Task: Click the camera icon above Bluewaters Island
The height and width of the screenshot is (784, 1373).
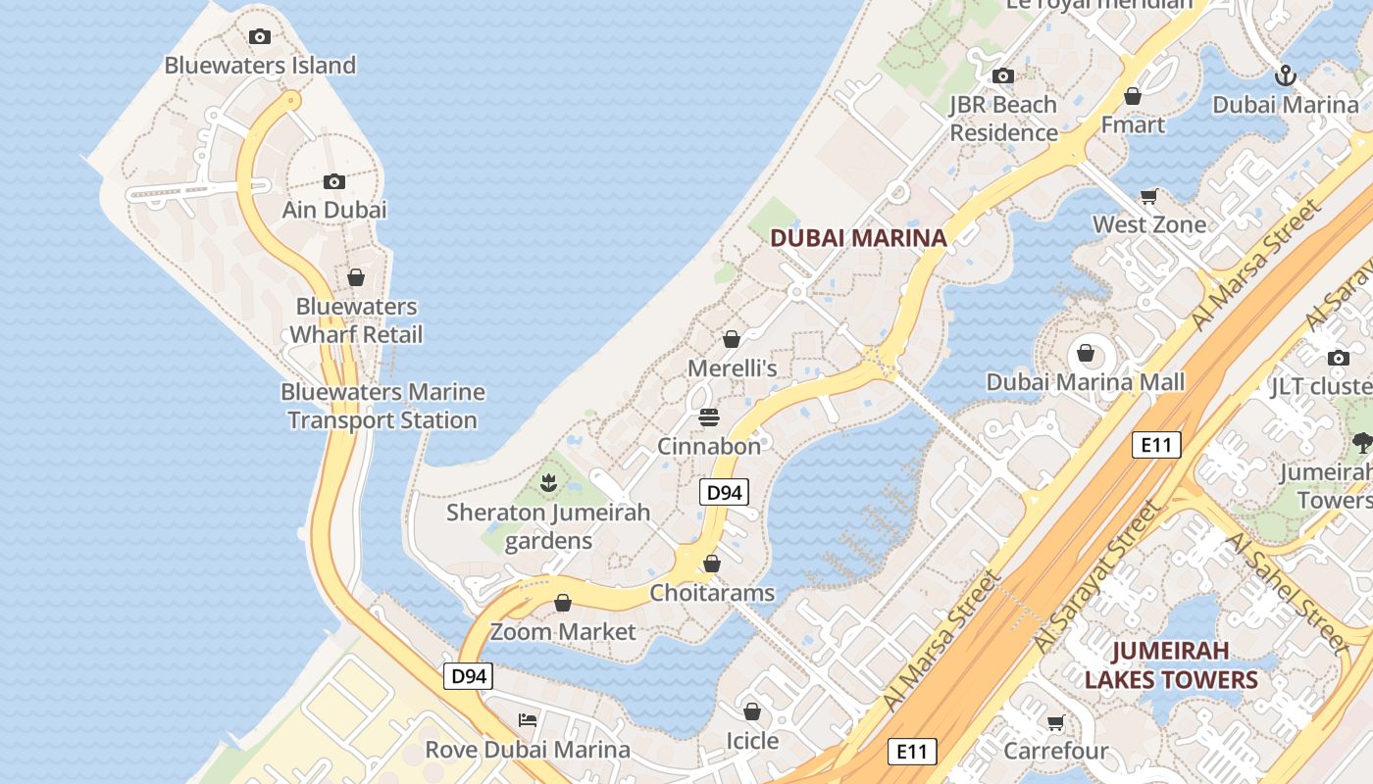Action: point(260,37)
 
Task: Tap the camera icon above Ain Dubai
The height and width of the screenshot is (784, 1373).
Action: point(334,181)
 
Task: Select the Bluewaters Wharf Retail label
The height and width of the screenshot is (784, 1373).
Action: point(357,320)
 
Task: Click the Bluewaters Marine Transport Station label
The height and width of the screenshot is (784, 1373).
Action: point(382,406)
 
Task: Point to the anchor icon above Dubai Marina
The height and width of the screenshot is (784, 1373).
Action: point(1285,75)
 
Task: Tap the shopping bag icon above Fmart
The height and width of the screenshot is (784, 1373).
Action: point(1133,96)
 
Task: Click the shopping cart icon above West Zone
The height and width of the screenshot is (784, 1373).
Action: point(1149,196)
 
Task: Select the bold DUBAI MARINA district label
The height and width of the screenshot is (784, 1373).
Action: point(858,237)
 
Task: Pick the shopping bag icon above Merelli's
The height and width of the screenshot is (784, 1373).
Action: point(732,339)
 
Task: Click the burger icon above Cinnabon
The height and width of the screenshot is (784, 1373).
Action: point(709,418)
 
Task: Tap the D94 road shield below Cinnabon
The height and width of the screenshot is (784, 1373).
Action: point(724,493)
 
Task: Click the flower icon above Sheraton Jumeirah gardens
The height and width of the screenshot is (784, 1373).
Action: point(548,483)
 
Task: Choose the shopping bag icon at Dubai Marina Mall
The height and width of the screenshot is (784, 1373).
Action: point(1086,353)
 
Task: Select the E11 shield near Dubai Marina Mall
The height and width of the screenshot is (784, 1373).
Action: point(1156,445)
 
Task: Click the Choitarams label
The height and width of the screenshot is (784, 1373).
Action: point(712,593)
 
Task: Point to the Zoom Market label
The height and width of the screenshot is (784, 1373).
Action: point(563,632)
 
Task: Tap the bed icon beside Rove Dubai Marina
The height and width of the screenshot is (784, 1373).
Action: point(528,720)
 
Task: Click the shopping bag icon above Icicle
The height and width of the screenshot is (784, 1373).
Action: point(752,711)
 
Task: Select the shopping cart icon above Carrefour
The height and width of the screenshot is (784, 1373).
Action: point(1055,723)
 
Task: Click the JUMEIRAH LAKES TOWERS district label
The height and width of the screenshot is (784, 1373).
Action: point(1171,665)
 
